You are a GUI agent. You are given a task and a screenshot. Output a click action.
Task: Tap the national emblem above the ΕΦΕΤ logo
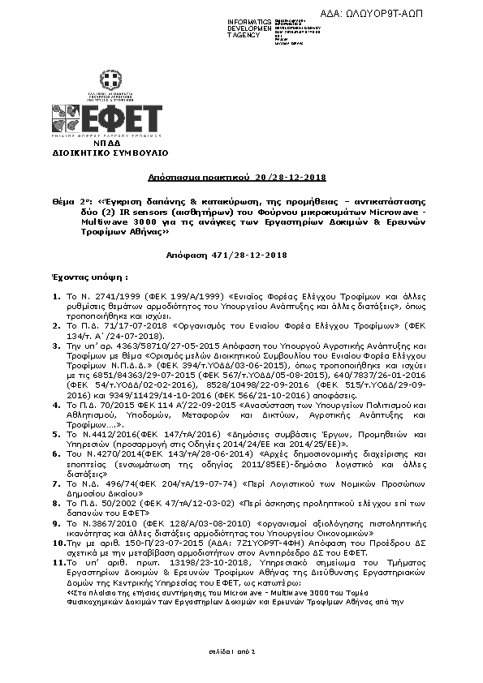click(110, 79)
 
